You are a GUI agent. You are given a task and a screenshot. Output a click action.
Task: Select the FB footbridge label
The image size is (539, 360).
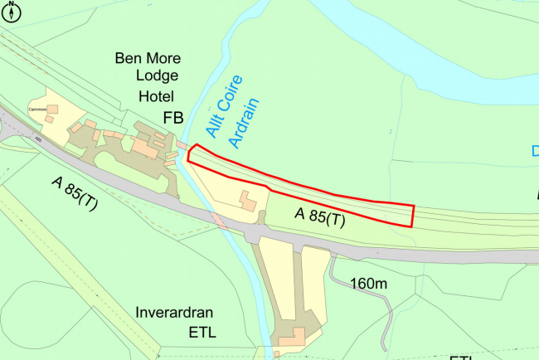click(172, 119)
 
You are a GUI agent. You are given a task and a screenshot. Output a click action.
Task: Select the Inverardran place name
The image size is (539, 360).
click(175, 314)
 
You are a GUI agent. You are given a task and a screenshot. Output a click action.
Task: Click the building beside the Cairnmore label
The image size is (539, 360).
click(52, 109)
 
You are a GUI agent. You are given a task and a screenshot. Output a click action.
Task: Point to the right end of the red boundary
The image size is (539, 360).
click(412, 215)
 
